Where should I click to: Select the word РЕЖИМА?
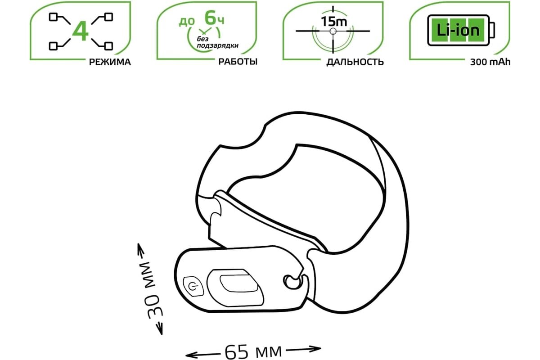point(110,62)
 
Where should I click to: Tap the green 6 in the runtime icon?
point(210,18)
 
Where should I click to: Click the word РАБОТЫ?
point(238,62)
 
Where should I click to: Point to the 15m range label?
point(334,22)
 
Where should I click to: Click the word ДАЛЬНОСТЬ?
point(355,62)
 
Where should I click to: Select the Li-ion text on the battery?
point(458,31)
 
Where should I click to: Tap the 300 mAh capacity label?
point(490,62)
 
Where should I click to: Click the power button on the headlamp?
point(193,287)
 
